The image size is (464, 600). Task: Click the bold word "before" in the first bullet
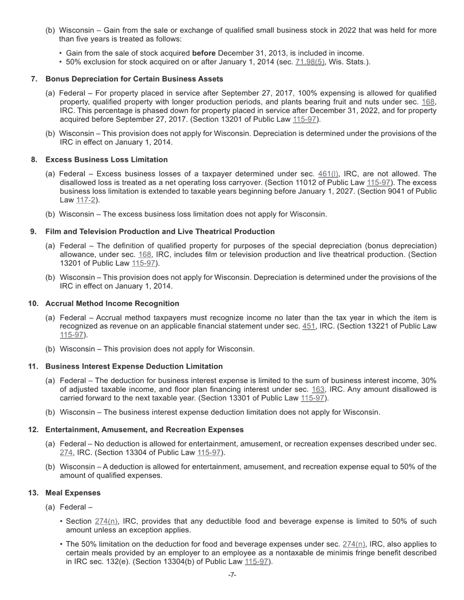pos(204,53)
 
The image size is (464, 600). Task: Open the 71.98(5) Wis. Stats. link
pos(310,62)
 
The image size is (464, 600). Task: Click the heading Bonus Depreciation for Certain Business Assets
pos(134,79)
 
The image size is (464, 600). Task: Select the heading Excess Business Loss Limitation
pos(106,160)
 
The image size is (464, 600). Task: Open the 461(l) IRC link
pos(328,174)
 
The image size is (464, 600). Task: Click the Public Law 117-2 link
pos(85,200)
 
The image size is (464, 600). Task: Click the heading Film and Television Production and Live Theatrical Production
pos(160,232)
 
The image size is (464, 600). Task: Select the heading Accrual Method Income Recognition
pos(112,303)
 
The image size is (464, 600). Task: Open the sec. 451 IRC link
pos(309,326)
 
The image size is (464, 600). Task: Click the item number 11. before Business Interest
pos(33,366)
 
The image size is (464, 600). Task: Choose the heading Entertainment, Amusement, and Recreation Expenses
pos(144,430)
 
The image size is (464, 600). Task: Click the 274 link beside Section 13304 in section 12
pos(66,453)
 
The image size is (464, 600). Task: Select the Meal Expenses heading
pos(73,493)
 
